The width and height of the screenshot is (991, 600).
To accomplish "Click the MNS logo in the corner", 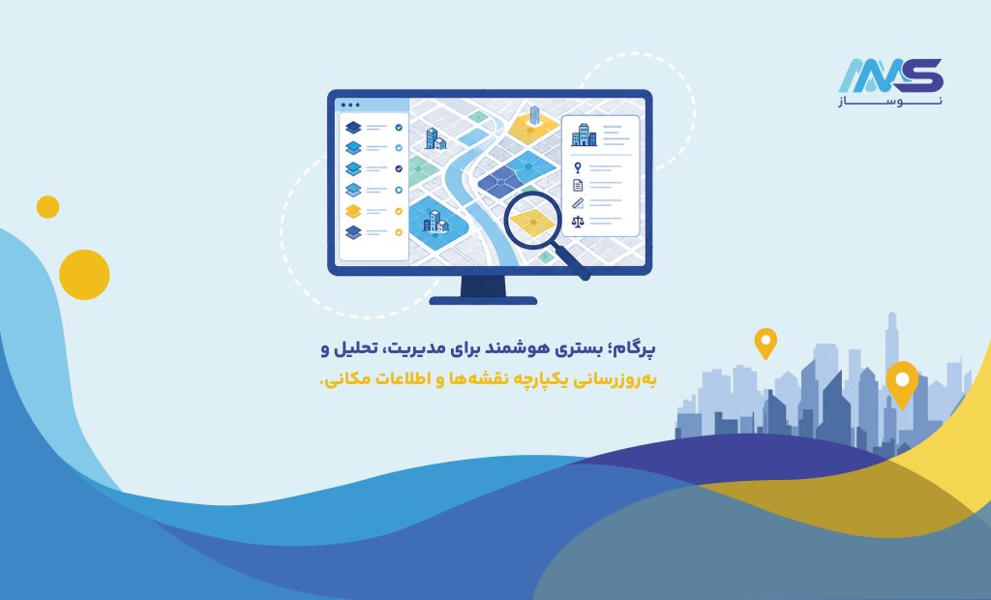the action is tap(890, 82).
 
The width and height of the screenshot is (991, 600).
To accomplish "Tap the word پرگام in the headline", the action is tap(636, 348).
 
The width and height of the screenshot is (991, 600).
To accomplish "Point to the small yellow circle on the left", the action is tap(47, 207).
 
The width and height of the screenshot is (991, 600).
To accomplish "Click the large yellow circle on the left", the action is tap(84, 275).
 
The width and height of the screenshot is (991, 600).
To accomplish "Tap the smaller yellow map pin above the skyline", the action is tap(766, 344).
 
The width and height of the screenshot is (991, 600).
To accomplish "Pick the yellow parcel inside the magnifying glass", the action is tap(533, 222).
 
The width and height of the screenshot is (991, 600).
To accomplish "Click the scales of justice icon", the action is tap(578, 222).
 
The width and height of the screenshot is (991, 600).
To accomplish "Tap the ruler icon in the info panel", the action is tap(578, 203).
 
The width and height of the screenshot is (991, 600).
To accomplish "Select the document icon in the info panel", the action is tap(578, 185).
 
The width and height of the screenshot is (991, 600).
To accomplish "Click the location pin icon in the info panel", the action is tap(578, 167).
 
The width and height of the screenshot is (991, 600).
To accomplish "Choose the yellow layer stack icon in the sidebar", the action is tap(353, 211).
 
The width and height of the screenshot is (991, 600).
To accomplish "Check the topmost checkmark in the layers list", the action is tap(399, 127).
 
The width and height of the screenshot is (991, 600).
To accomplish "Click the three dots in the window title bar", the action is tap(350, 105).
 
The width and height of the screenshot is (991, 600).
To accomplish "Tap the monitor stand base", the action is tap(483, 301).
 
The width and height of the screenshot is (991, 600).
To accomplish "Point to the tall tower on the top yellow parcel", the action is tap(534, 115).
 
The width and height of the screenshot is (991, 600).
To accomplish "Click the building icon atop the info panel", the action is tap(584, 135).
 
